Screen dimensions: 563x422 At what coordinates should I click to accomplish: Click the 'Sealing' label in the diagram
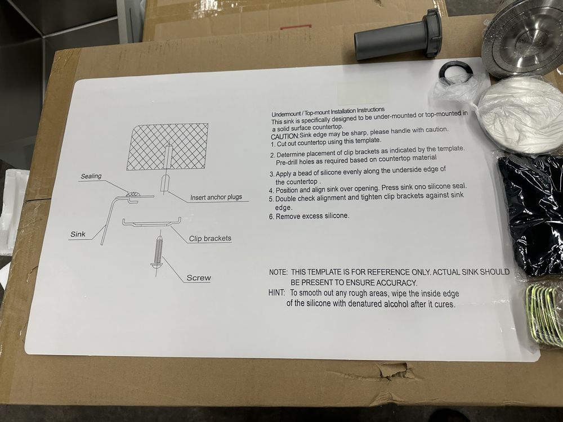[x=91, y=176]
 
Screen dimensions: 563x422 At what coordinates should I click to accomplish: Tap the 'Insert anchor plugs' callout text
[x=216, y=197]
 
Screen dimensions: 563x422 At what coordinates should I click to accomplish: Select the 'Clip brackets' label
[x=210, y=238]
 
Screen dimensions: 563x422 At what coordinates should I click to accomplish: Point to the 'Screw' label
[x=199, y=278]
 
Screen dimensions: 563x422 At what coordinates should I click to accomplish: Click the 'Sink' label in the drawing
[x=78, y=234]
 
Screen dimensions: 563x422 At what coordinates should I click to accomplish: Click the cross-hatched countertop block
[x=167, y=146]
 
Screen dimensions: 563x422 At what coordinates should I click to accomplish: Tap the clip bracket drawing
[x=151, y=222]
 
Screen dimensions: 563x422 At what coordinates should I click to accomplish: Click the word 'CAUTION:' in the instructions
[x=285, y=136]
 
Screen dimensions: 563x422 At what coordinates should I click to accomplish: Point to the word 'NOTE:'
[x=278, y=272]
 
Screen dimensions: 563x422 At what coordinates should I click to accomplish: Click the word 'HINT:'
[x=277, y=293]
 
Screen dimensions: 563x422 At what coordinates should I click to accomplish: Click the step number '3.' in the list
[x=272, y=174]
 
